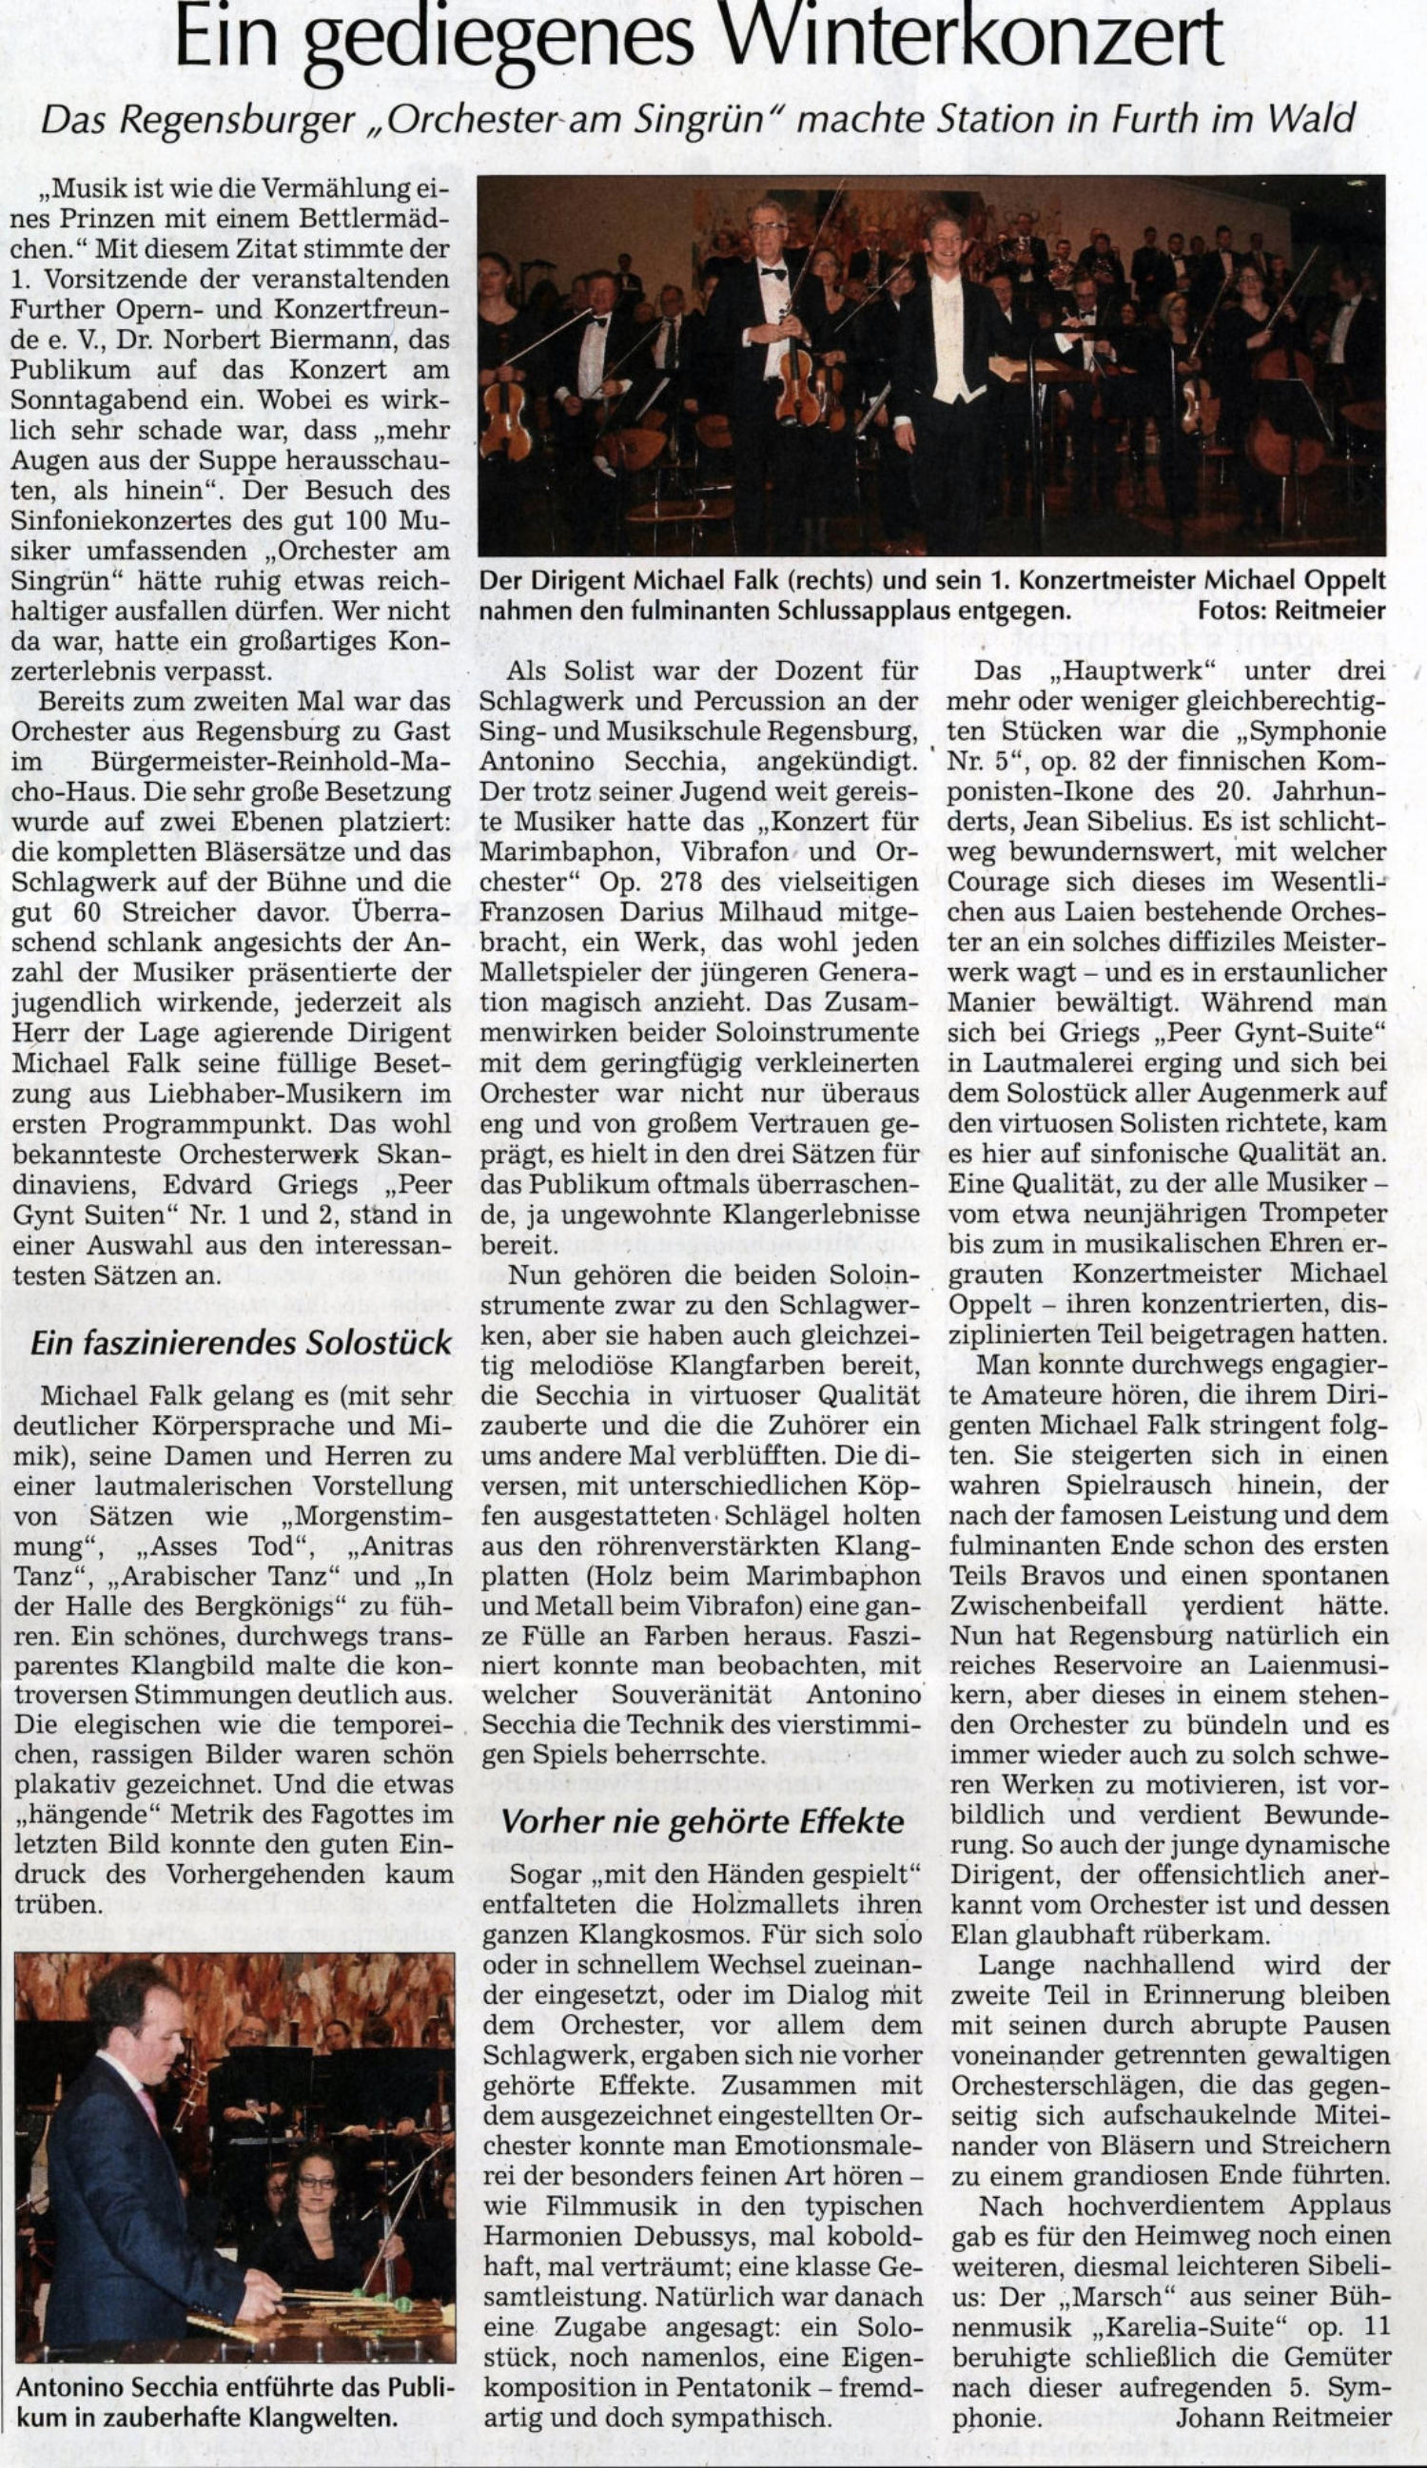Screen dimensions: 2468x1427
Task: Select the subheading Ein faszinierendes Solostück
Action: [x=241, y=1343]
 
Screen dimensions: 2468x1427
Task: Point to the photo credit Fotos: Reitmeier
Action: [x=1292, y=612]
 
